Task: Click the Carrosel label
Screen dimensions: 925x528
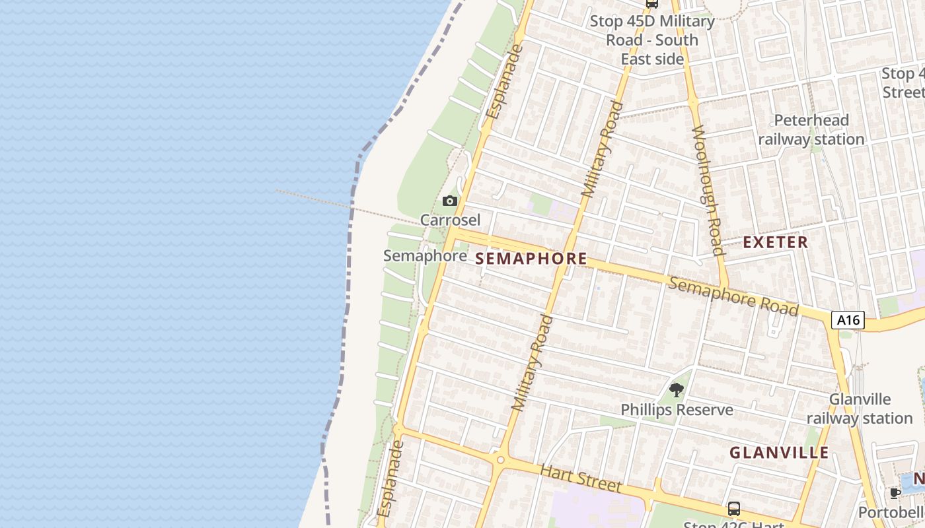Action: click(450, 219)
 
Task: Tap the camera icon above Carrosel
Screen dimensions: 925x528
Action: click(449, 201)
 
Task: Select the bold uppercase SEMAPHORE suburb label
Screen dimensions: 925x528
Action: click(531, 259)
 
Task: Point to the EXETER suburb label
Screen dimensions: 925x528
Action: click(775, 242)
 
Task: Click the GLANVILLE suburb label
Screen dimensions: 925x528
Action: click(779, 453)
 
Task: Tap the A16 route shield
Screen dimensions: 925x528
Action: click(848, 321)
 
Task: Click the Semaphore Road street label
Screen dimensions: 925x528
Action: click(733, 296)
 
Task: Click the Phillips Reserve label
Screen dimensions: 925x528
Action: click(677, 410)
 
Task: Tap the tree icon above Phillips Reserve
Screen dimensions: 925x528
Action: click(676, 389)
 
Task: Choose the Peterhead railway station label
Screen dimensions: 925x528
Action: click(811, 130)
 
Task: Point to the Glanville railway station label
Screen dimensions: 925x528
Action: click(860, 409)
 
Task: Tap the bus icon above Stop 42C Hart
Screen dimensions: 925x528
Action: click(733, 508)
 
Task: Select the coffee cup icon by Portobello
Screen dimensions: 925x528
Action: click(895, 493)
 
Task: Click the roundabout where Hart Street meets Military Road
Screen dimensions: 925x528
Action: click(500, 459)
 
